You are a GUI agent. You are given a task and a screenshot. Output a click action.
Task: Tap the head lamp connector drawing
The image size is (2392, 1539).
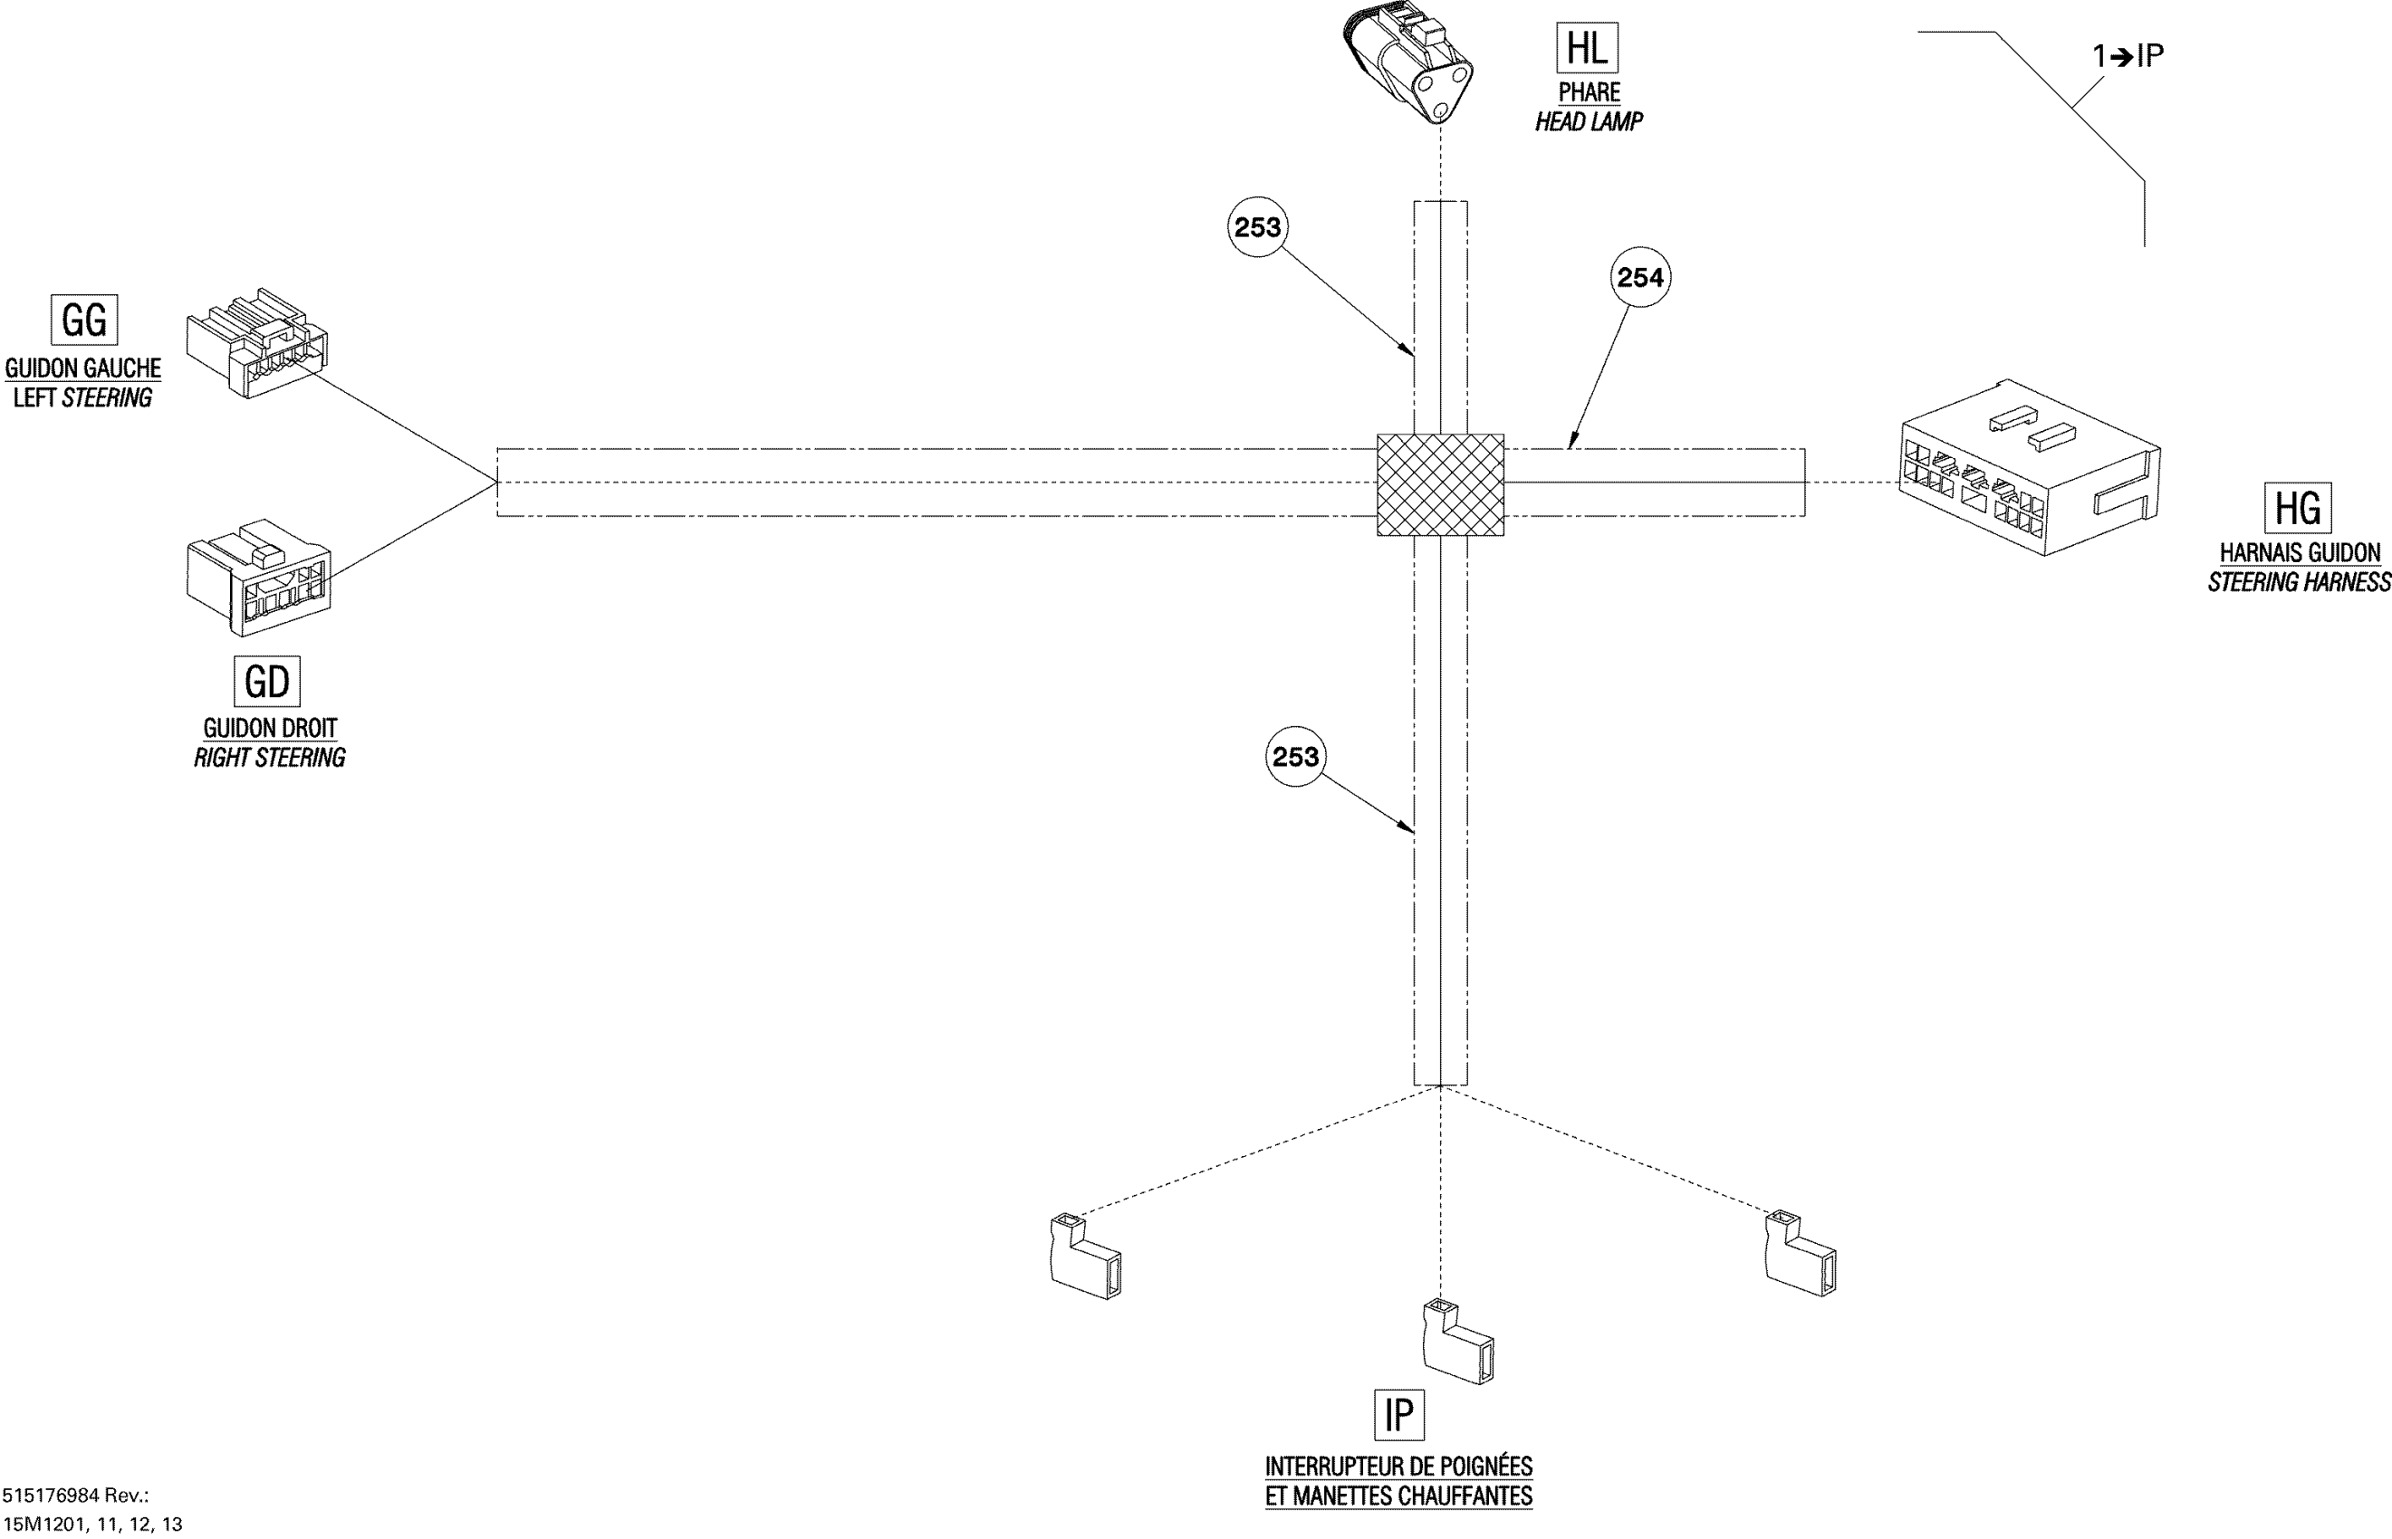tap(1407, 62)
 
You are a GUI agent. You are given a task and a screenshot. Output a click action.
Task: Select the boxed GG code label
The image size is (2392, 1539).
tap(84, 320)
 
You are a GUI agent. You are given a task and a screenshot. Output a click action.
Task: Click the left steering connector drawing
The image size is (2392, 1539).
tap(256, 344)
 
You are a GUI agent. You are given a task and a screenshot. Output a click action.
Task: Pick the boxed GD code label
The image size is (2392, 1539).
tap(266, 681)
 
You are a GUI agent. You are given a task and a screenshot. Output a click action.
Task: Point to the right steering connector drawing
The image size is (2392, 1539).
tap(258, 578)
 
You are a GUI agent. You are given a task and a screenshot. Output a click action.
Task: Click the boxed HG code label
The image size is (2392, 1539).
tap(2297, 509)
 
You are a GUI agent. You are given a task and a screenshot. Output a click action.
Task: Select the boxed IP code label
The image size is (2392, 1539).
tap(1398, 1414)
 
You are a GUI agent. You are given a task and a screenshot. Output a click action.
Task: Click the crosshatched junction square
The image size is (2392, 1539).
tap(1439, 484)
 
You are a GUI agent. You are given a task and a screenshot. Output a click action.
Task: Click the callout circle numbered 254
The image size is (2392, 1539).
tap(1640, 277)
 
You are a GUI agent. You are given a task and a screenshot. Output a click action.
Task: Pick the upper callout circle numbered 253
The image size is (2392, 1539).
tap(1257, 228)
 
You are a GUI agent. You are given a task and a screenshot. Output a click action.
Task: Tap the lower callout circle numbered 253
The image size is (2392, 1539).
tap(1295, 757)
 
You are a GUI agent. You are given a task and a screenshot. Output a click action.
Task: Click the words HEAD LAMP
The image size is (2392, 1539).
tap(1589, 122)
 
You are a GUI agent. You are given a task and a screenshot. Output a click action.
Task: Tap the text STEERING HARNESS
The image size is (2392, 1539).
tap(2299, 583)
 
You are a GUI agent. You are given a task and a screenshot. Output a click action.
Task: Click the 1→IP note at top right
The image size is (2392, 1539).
tap(2128, 56)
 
